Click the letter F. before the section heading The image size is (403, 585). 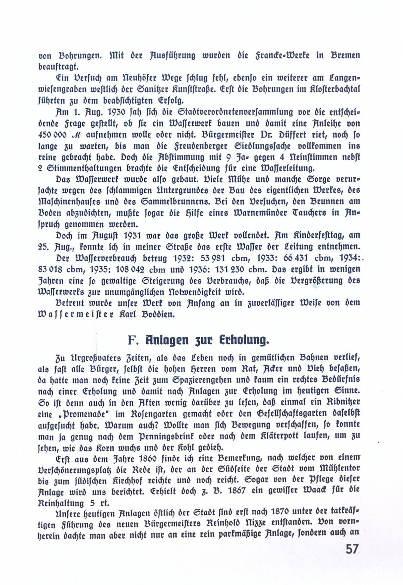[x=133, y=340]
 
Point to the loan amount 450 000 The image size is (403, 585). [x=52, y=135]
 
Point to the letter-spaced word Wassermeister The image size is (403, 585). [x=75, y=314]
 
